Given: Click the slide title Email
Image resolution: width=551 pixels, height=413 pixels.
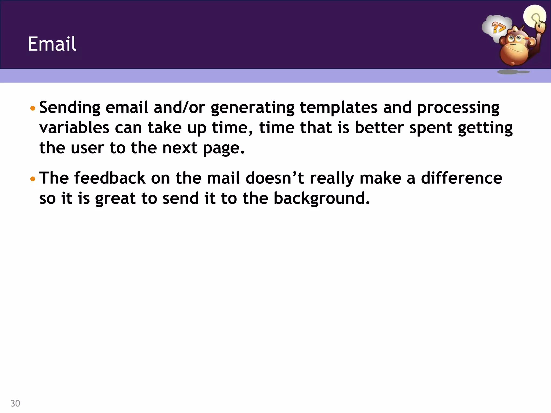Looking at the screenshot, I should tap(52, 44).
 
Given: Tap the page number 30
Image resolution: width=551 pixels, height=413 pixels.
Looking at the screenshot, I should tap(15, 403).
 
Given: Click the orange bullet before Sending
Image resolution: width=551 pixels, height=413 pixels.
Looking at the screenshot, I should tap(33, 109).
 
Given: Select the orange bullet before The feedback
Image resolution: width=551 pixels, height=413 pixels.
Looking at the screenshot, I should tap(33, 179).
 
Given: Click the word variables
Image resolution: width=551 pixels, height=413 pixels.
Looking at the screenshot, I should tap(74, 128).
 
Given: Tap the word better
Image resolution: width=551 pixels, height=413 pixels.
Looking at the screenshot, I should tap(379, 128).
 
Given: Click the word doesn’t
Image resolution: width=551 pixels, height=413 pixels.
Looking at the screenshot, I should tap(275, 178).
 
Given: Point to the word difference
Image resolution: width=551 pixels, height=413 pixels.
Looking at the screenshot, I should tap(461, 178).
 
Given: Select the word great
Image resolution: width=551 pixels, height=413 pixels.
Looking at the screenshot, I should tap(115, 199).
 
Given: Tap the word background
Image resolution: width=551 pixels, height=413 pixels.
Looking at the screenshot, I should tap(322, 199).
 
